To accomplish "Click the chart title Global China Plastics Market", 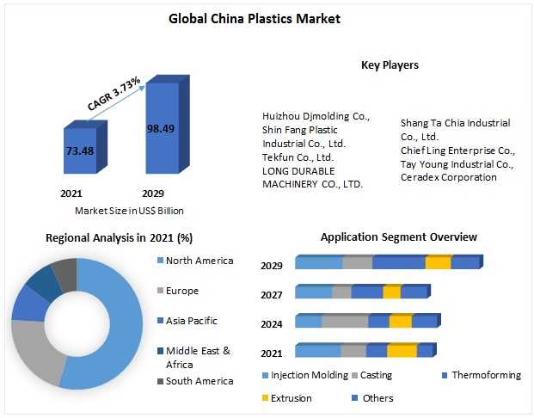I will (267, 18).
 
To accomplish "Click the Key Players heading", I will (390, 65).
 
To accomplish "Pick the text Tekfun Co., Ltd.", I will (298, 157).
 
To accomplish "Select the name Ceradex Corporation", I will (448, 177).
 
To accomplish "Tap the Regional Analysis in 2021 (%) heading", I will (119, 237).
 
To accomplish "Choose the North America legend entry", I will (199, 261).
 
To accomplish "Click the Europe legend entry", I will (183, 291).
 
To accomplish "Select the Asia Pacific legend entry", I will (192, 321).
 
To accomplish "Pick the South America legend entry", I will (199, 381).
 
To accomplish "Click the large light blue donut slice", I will (120, 327).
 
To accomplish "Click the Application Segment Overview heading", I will (398, 237).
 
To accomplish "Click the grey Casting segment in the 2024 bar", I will (344, 322).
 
